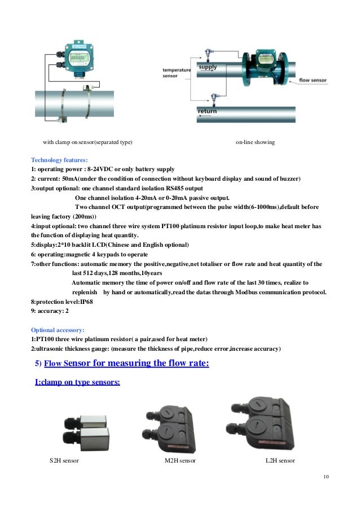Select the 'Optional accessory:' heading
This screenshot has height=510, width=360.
[x=58, y=329]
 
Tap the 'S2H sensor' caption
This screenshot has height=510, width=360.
[x=64, y=461]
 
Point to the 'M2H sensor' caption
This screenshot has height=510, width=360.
[x=180, y=461]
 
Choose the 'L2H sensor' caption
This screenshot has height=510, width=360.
[x=280, y=461]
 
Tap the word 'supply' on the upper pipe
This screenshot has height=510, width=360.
[x=208, y=67]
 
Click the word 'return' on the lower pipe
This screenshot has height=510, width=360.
[x=207, y=111]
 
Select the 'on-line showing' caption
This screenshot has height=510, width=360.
[x=255, y=142]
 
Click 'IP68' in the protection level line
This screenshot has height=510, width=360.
[x=76, y=302]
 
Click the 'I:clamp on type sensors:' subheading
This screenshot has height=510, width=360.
[x=77, y=382]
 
